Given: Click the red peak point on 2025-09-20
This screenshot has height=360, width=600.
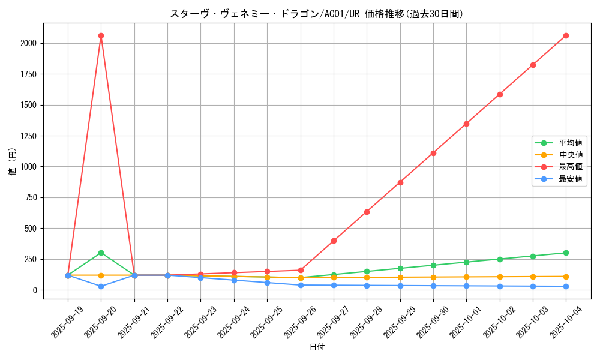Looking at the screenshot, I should point(101,36).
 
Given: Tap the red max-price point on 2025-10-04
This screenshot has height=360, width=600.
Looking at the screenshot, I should point(566,36).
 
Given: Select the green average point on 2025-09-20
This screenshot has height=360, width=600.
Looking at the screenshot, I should point(101,253).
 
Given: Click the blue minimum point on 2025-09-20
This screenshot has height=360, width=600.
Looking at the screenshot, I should point(101,286).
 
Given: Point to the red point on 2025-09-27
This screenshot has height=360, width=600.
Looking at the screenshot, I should point(334,241).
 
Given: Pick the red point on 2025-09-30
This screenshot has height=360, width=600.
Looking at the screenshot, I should point(433,153).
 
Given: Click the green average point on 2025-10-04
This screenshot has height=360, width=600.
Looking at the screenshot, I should point(566,253).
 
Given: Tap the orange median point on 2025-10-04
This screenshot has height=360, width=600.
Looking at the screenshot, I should point(566,277).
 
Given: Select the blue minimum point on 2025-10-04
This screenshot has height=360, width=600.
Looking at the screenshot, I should point(566,286).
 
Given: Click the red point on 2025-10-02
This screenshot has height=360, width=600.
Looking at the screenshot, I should point(500,94).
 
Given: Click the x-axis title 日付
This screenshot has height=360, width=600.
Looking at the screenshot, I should point(317,347).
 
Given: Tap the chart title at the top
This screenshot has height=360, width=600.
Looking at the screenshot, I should point(317,14).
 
